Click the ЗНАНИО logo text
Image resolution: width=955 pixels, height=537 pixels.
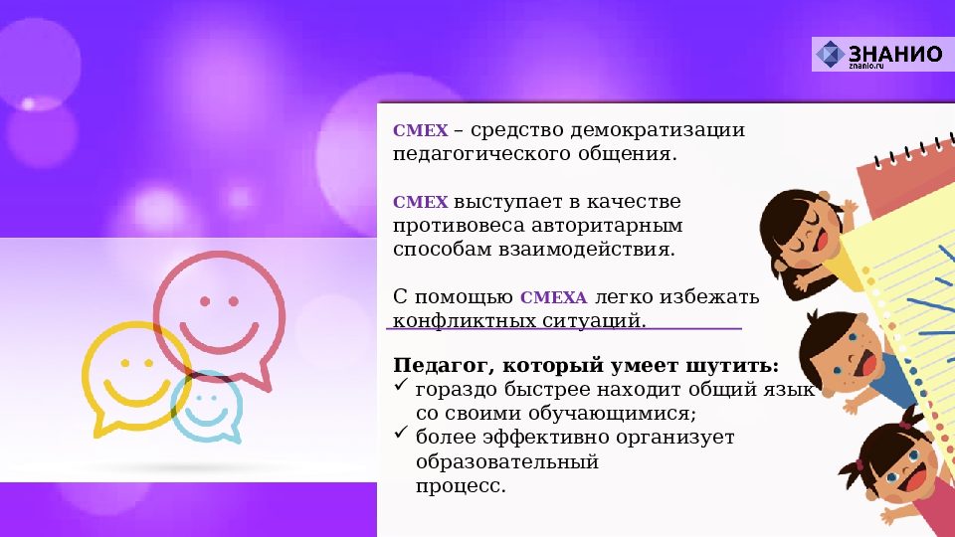pos(895,53)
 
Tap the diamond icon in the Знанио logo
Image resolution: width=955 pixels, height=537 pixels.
pos(831,55)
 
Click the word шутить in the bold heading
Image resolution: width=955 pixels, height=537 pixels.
pos(732,364)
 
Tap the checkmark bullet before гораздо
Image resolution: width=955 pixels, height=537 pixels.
pos(401,388)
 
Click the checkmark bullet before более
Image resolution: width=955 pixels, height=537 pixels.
pos(401,434)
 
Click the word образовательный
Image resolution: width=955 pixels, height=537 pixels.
pos(507,461)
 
